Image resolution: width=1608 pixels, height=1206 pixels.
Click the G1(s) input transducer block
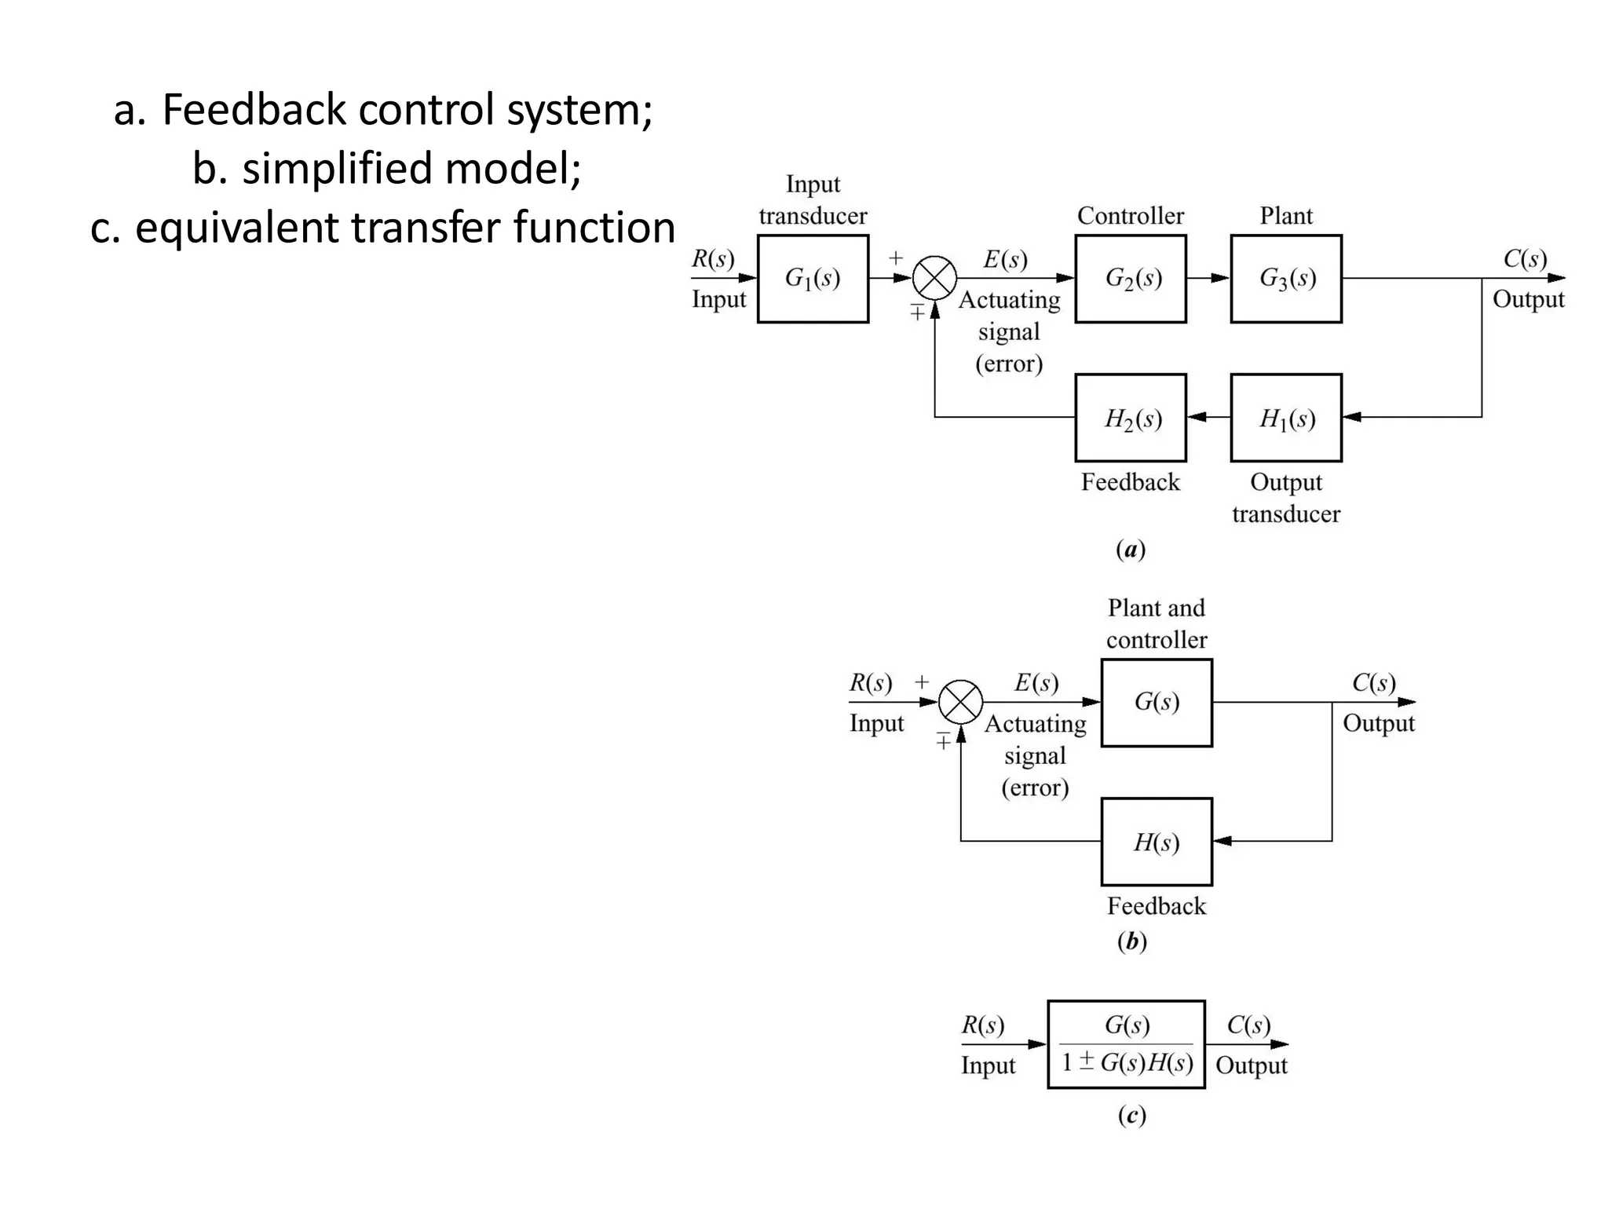coord(813,279)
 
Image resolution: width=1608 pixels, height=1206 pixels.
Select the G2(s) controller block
coord(1130,279)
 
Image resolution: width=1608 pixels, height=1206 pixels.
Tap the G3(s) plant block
coord(1285,279)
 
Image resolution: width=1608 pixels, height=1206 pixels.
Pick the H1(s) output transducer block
coord(1285,418)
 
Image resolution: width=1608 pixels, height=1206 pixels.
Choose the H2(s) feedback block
coord(1130,418)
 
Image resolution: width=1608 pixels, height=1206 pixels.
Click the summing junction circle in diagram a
coord(934,278)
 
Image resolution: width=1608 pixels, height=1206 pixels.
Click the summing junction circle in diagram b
coord(960,702)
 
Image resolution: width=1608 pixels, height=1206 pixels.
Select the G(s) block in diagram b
coord(1156,703)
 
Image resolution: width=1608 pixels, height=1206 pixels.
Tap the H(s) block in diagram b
coord(1156,842)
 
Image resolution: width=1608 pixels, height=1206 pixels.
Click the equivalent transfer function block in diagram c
coord(1126,1044)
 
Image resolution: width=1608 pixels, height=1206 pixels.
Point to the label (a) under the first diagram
coord(1130,549)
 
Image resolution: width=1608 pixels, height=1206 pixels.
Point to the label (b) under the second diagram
coord(1131,941)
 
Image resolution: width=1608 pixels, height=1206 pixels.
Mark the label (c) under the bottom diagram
coord(1131,1115)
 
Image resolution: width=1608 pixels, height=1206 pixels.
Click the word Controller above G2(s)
coord(1130,216)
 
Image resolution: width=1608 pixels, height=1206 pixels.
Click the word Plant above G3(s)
coord(1285,216)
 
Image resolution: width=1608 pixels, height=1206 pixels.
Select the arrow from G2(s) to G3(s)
coord(1208,278)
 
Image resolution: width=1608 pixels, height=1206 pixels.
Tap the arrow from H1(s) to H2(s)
coord(1208,417)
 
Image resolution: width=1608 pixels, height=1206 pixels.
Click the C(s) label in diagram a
coord(1525,259)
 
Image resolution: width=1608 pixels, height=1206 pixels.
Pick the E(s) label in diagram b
coord(1036,683)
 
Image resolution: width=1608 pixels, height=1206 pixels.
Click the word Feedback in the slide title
coord(253,109)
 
